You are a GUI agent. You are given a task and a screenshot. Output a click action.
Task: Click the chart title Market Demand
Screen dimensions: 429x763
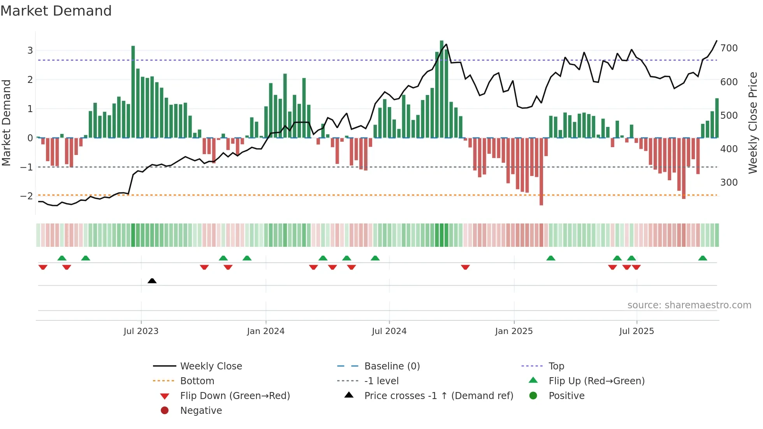[56, 11]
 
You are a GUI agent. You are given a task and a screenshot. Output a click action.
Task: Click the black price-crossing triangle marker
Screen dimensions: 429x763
[152, 281]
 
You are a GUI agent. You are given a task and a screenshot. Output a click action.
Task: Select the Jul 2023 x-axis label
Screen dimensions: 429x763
[141, 331]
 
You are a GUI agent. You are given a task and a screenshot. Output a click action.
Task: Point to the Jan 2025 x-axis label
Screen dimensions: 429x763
[514, 331]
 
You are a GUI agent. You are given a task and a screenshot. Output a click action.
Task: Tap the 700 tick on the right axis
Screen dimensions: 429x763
[729, 48]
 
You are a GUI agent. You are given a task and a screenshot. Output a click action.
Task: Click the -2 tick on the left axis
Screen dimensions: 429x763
[26, 196]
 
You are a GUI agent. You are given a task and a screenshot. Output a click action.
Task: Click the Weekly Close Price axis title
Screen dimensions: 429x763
[753, 123]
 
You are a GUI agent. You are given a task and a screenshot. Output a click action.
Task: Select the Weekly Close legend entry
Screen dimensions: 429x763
[211, 366]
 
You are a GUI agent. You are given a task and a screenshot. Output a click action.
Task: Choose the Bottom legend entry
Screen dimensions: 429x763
[197, 381]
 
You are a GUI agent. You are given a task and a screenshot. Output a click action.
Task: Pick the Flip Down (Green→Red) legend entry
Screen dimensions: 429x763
[235, 396]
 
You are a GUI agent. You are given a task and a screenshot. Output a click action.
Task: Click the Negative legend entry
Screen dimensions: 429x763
[201, 410]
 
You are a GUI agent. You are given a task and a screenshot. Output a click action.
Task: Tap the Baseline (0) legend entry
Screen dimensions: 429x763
[392, 366]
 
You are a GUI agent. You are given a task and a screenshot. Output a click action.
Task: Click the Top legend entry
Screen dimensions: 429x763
[556, 366]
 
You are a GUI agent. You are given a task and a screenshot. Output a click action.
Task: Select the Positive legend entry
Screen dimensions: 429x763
[566, 396]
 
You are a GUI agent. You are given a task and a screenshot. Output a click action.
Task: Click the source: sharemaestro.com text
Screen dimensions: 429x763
[689, 305]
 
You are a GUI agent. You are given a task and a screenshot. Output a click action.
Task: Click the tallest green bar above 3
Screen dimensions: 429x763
[441, 90]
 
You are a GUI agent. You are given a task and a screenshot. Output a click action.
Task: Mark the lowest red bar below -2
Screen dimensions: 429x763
[541, 171]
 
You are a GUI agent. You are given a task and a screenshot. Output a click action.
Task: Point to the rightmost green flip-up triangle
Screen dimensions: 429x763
[703, 258]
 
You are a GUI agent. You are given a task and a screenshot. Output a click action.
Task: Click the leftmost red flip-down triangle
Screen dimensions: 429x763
[43, 267]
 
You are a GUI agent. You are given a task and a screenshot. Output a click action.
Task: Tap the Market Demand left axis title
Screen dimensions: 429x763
[6, 123]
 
